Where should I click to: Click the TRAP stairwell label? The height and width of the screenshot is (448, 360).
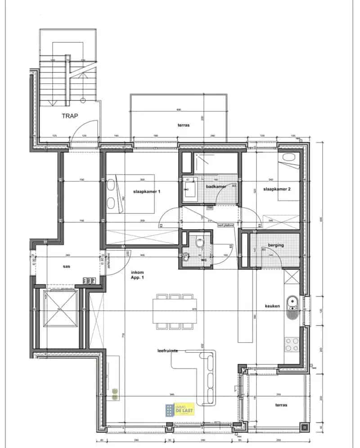pos(70,116)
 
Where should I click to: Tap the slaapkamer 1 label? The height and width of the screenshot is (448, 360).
pos(147,191)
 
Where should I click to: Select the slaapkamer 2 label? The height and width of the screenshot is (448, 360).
pos(277,189)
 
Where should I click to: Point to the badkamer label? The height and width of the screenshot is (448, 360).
pos(216,186)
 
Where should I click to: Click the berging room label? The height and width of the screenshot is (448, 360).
pos(276,245)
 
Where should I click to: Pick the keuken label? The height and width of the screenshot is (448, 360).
pos(272,306)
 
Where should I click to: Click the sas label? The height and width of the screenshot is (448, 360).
pos(66,266)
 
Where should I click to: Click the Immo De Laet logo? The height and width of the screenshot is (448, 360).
pos(180,409)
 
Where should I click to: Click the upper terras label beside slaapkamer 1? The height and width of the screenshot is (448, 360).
pos(183,125)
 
